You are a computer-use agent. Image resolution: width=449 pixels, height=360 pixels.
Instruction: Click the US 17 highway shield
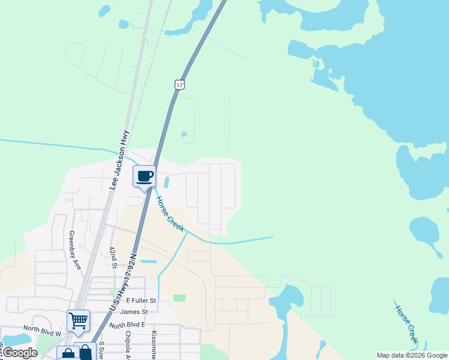[x=179, y=85]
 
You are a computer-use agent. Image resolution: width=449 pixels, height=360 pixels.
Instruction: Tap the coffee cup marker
[x=144, y=177]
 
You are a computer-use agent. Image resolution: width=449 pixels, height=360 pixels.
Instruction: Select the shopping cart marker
[x=78, y=321]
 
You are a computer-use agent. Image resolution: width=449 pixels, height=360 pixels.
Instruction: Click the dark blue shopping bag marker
[x=86, y=353]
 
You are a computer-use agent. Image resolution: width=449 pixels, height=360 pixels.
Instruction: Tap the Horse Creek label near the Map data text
[x=406, y=324]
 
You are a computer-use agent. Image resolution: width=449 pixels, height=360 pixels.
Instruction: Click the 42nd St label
[x=113, y=256]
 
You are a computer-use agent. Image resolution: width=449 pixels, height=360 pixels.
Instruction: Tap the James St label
[x=134, y=312]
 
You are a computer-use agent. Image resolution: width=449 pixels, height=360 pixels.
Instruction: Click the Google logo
[x=20, y=353]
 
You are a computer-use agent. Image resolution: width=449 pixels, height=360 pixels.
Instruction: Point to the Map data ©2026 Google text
[x=411, y=355]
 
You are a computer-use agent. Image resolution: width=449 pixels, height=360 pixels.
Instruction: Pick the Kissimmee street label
[x=154, y=345]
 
